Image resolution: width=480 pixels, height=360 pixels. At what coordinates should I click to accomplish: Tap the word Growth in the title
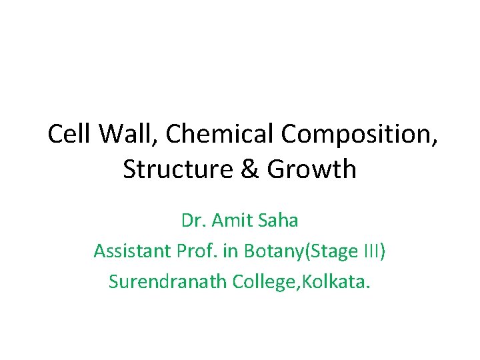pyautogui.click(x=312, y=170)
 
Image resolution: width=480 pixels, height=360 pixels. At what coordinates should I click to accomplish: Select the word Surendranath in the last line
pyautogui.click(x=168, y=282)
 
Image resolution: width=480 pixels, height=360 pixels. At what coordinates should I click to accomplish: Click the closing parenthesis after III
pyautogui.click(x=381, y=252)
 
